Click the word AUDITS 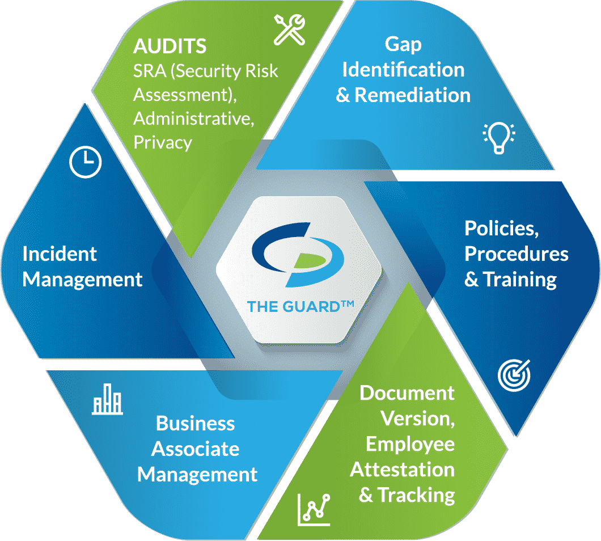[x=170, y=46]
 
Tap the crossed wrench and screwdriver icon [x=290, y=29]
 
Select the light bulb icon [x=498, y=137]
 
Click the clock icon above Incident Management [x=85, y=162]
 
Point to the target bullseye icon [x=514, y=375]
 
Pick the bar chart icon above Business [x=107, y=402]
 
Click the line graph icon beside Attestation [x=314, y=508]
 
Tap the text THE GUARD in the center [x=300, y=306]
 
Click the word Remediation [x=412, y=95]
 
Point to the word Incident [x=60, y=253]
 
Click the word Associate [x=196, y=449]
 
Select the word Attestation [x=402, y=470]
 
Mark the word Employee [x=410, y=444]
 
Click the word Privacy [x=163, y=142]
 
